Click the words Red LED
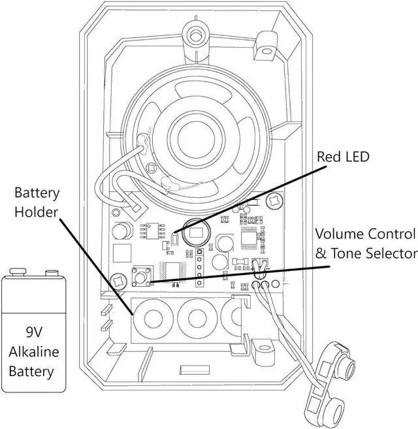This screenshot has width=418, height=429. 344,157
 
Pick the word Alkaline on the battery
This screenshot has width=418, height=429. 33,352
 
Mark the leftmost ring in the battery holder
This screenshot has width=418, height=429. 155,319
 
